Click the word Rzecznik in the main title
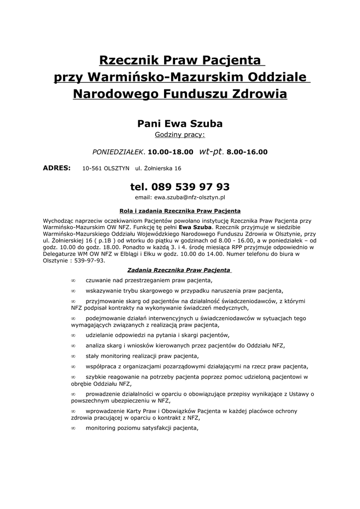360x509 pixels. coord(126,61)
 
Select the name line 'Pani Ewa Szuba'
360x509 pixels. coord(180,123)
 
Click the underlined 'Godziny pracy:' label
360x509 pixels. coord(180,135)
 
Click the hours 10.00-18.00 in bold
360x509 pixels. coord(171,152)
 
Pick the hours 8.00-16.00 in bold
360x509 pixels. coord(247,152)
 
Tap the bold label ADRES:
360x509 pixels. coord(57,168)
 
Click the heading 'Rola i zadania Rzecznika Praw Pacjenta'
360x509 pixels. coord(180,211)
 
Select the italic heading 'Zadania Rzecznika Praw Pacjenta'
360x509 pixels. coord(180,270)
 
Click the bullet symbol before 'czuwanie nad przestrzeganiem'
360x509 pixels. coord(73,281)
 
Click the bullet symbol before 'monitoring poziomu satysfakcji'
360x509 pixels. coord(73,428)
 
